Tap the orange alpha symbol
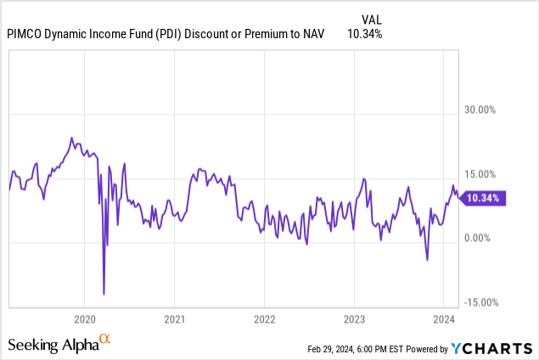point(105,340)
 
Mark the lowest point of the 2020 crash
point(104,294)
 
